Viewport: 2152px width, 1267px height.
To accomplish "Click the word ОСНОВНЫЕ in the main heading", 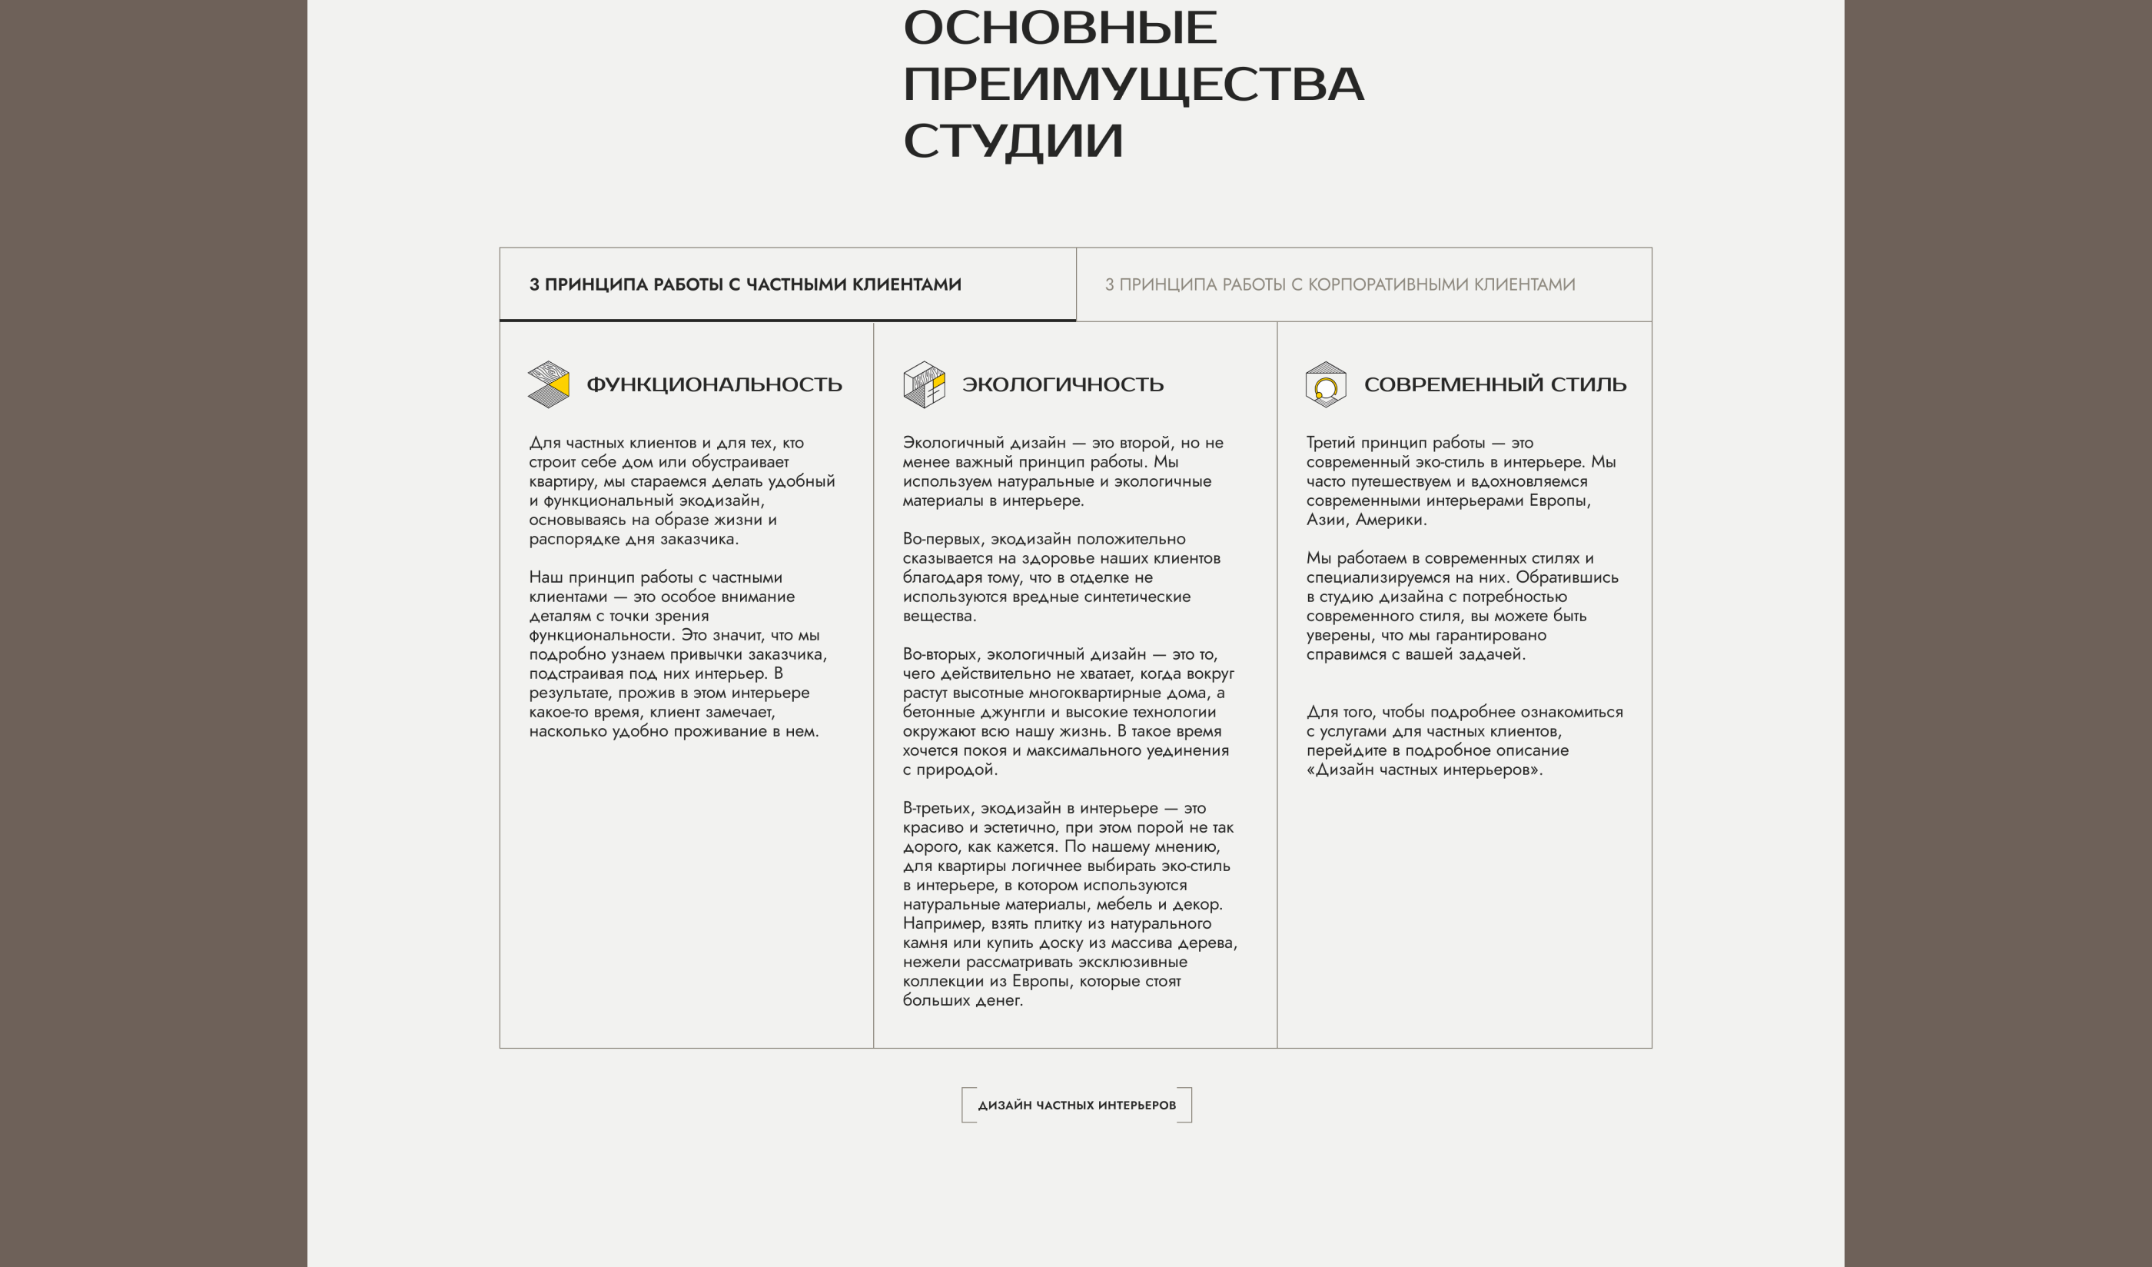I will point(1059,28).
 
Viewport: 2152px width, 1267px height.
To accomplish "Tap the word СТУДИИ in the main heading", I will point(1013,141).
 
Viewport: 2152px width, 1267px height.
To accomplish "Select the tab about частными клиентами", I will point(745,284).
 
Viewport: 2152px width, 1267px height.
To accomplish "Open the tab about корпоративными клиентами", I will point(1339,284).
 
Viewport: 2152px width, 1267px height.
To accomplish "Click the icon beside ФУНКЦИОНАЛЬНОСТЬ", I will point(548,384).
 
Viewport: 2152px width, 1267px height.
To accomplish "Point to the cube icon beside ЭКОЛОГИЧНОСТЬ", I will point(924,384).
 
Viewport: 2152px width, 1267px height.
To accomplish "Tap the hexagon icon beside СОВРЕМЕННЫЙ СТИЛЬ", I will point(1325,384).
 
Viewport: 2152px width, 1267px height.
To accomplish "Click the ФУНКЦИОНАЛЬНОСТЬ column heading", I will point(714,384).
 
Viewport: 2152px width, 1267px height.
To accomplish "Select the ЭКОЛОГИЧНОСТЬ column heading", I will point(1062,384).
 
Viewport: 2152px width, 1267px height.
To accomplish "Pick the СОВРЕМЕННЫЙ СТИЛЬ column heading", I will point(1494,384).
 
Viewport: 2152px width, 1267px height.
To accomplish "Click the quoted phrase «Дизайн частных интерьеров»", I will point(1423,770).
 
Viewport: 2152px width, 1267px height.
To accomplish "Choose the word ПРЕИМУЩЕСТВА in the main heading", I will point(1132,85).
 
